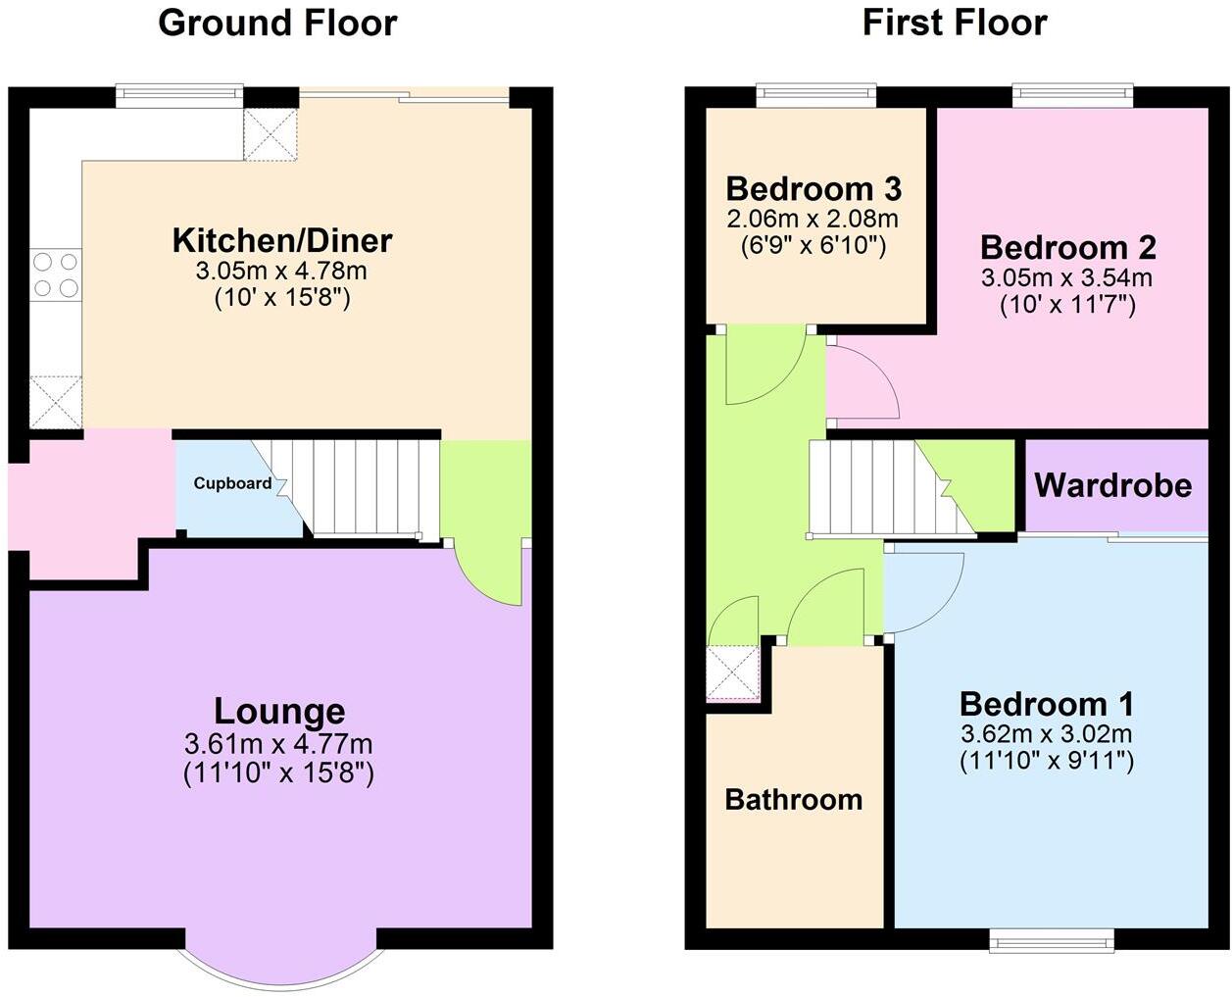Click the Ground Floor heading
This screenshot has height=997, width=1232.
coord(277,23)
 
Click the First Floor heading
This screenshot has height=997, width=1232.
coord(955,23)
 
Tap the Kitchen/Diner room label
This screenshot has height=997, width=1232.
coord(282,240)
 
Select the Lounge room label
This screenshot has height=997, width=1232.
coord(279,711)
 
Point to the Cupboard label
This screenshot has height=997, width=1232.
coord(232,483)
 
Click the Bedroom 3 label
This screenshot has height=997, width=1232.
coord(813,188)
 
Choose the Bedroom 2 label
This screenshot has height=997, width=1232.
coord(1067,247)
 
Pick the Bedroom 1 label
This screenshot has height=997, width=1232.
coord(1047,704)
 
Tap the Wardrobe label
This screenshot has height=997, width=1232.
coord(1113,485)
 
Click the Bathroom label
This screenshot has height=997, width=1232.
coord(794,800)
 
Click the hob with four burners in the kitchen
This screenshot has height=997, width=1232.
coord(56,274)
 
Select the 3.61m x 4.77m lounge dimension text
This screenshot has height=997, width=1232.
coord(278,744)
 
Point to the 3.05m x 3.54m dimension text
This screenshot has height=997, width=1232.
coord(1067,278)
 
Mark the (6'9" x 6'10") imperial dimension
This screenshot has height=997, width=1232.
coord(813,245)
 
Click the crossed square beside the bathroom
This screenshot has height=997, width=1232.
coord(733,673)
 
